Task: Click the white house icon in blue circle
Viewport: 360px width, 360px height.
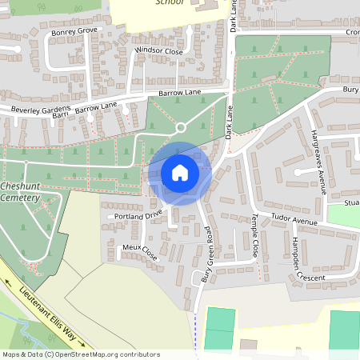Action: tap(179, 172)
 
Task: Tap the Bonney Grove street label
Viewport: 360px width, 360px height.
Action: tap(74, 32)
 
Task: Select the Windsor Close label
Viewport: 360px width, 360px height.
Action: tap(158, 50)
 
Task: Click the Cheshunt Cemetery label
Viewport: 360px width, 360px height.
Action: tap(22, 191)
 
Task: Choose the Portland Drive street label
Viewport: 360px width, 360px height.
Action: tap(138, 214)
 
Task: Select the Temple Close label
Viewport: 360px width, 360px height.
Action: tap(254, 235)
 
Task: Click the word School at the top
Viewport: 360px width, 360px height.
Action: tap(170, 3)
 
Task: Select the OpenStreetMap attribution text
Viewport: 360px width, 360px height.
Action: tap(81, 354)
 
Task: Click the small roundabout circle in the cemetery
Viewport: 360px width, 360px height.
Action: tap(181, 127)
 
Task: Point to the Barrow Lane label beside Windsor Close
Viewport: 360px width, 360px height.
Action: tap(179, 93)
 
